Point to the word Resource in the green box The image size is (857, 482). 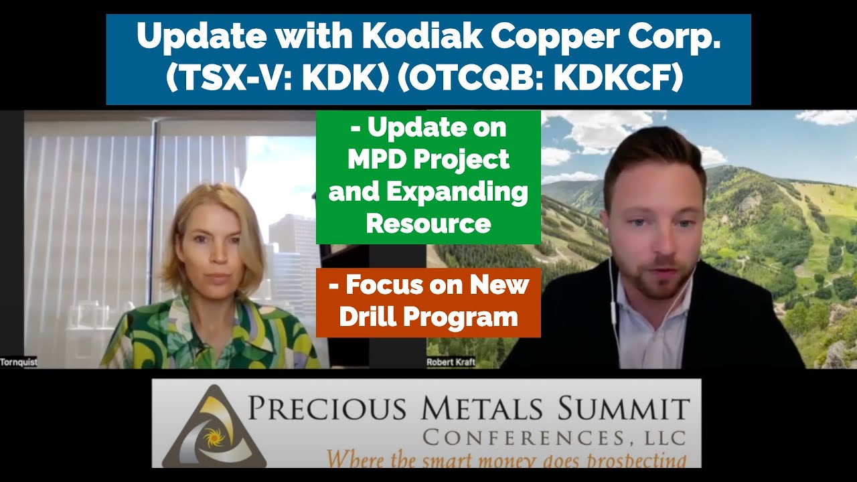pyautogui.click(x=428, y=224)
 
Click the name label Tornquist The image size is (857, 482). pyautogui.click(x=18, y=362)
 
